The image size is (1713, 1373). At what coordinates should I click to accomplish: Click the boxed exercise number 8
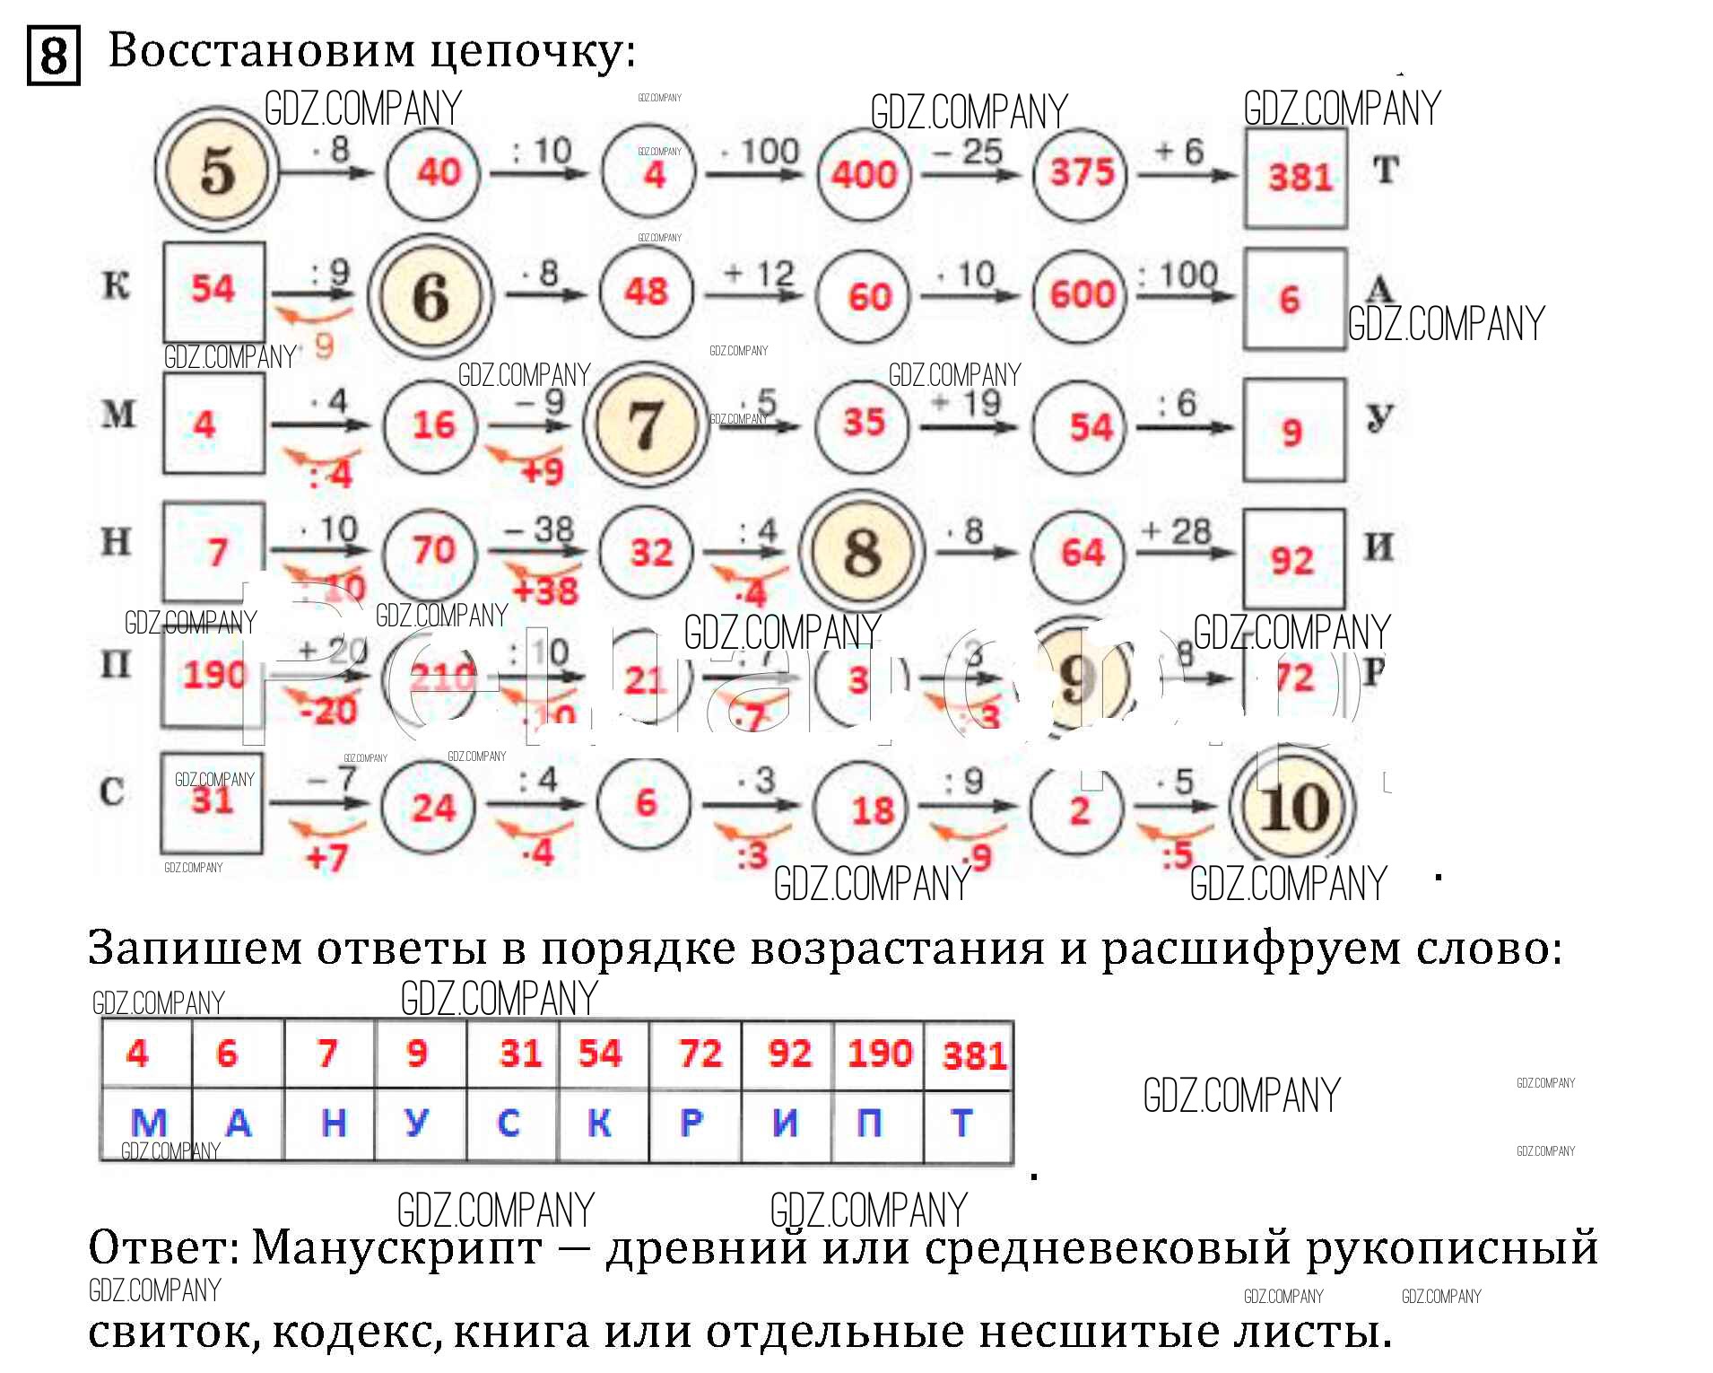click(x=54, y=55)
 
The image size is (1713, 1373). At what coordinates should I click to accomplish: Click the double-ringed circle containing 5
click(x=216, y=171)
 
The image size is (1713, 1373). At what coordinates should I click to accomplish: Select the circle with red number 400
click(x=864, y=173)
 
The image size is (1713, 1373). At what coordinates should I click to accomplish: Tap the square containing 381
click(x=1296, y=178)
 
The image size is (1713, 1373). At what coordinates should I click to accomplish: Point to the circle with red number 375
click(x=1081, y=172)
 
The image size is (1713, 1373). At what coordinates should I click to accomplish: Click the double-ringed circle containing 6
click(x=431, y=297)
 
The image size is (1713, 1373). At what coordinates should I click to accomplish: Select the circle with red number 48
click(x=647, y=292)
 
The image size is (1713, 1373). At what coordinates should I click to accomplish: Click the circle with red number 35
click(x=863, y=423)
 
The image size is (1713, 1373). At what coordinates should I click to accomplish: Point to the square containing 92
click(x=1293, y=559)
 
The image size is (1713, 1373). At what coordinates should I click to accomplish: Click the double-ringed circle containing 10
click(x=1293, y=806)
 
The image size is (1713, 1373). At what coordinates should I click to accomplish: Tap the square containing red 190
click(x=213, y=677)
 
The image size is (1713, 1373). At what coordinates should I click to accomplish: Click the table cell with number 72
click(x=697, y=1054)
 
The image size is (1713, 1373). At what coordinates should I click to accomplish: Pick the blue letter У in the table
click(x=417, y=1123)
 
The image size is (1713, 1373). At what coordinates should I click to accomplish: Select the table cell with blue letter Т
click(x=963, y=1123)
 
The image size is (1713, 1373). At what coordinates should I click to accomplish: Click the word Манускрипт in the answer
click(x=396, y=1247)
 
